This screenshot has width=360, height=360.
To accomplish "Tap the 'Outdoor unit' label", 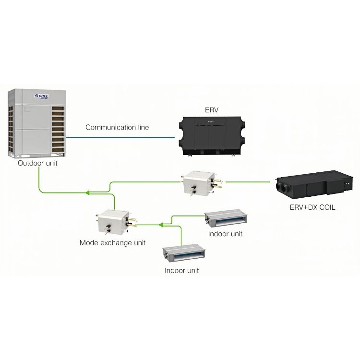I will [x=37, y=163].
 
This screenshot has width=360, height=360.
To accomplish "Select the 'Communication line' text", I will [x=117, y=127].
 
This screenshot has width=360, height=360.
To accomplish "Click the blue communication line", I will [x=120, y=137].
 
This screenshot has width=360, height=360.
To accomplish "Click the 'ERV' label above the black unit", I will [x=211, y=110].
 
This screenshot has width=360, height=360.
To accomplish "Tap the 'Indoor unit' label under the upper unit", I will [x=225, y=234].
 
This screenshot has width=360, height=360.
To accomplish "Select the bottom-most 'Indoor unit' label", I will [x=181, y=270].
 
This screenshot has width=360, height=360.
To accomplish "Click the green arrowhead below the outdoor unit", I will [x=87, y=193].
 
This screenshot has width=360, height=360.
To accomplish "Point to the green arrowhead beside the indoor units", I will [x=161, y=223].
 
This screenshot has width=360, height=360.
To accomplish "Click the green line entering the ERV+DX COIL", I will [x=250, y=182].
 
